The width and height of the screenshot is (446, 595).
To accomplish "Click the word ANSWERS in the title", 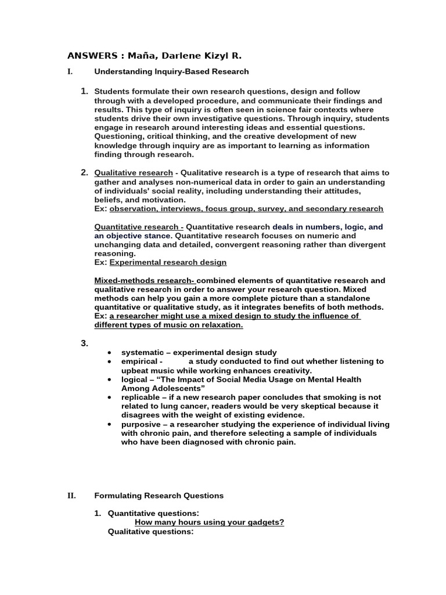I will click(91, 56).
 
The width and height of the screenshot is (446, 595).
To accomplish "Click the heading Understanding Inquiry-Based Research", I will click(171, 71).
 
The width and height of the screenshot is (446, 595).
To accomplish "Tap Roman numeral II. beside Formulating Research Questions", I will click(71, 496).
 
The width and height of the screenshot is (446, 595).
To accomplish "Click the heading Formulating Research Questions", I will click(159, 496).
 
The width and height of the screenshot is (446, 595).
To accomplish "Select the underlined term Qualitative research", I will click(134, 173).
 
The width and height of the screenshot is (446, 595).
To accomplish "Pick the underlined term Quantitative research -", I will click(139, 227).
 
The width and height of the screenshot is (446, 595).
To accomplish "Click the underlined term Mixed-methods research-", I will click(145, 281).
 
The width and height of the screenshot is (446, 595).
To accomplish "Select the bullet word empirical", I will click(138, 361).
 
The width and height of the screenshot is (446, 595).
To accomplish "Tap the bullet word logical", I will click(134, 379).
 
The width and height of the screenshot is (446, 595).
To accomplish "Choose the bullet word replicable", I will click(140, 397).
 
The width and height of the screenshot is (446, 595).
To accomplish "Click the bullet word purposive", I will click(141, 424).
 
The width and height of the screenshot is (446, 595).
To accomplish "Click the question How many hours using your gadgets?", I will click(209, 522).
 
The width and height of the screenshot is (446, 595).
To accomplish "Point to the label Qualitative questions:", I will click(151, 531).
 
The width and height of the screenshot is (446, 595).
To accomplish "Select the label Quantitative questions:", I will click(153, 513).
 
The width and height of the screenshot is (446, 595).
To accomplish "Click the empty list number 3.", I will click(84, 343).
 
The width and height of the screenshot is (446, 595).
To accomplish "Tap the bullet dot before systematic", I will click(109, 353).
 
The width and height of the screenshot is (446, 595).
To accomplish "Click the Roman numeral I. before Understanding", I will click(70, 71).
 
